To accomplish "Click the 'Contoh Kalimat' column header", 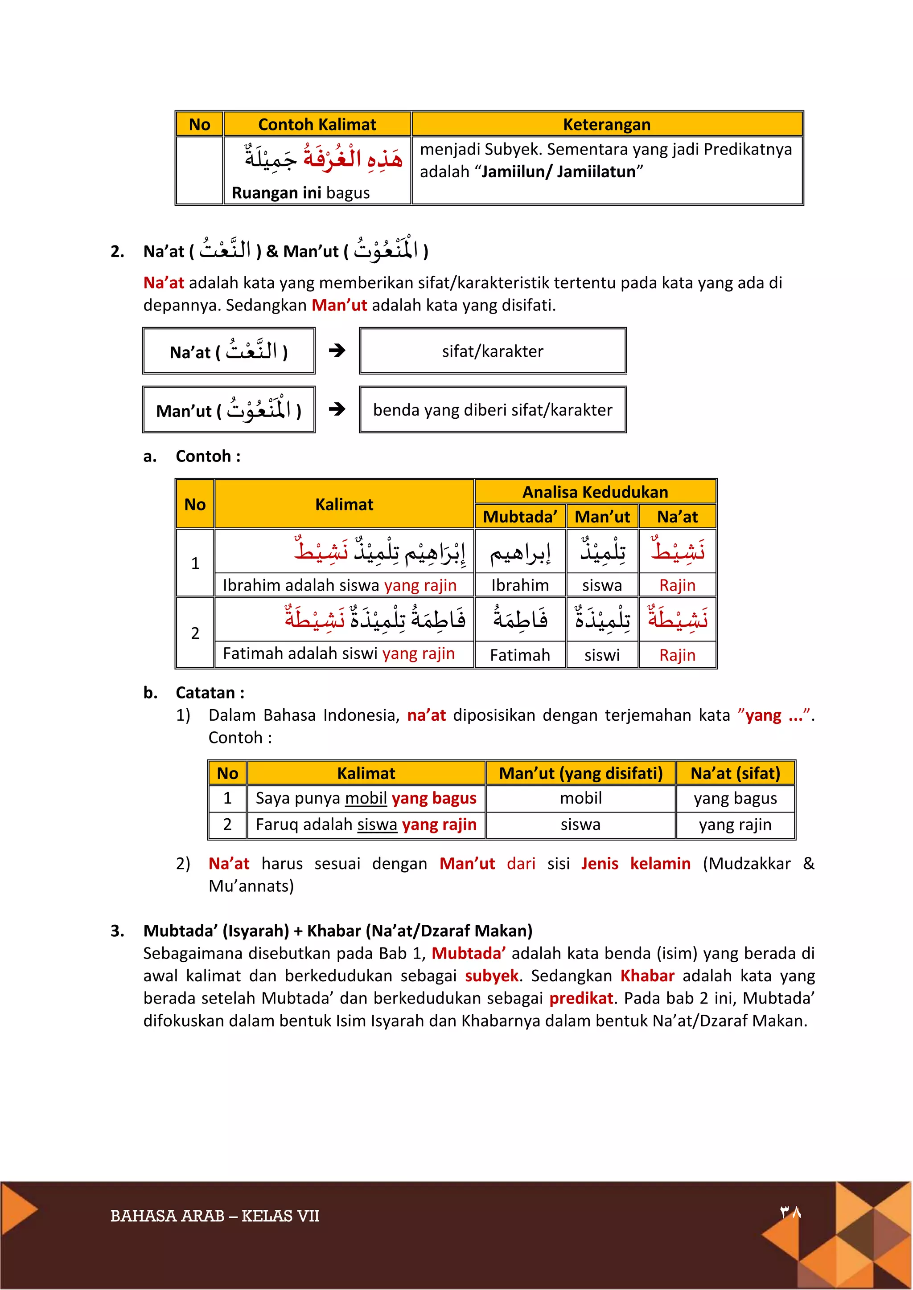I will tap(317, 124).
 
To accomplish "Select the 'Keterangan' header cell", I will tap(607, 124).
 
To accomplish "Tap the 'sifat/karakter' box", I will tap(493, 351).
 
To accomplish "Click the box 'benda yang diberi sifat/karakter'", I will tap(493, 410).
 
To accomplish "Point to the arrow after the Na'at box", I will tap(337, 351).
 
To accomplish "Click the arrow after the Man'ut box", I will tap(337, 409).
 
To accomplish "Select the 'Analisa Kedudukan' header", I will tap(595, 492).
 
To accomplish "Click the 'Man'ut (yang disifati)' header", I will tap(581, 773).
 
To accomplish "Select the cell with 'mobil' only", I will tap(581, 798).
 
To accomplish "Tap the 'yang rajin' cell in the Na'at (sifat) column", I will tap(735, 824).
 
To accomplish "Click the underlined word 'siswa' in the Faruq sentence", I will tap(377, 824).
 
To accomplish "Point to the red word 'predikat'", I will tap(581, 998).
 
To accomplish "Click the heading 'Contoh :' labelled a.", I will tap(208, 456).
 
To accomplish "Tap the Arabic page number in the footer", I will tap(790, 1212).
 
